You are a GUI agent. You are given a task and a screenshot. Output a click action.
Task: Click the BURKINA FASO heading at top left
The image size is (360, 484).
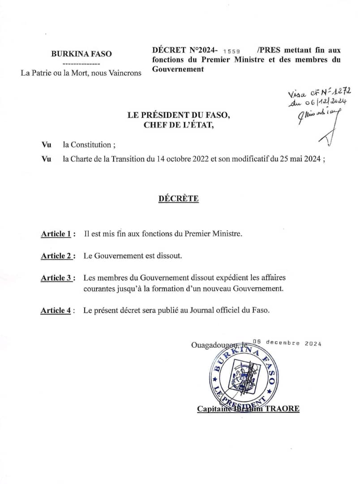[x=81, y=54]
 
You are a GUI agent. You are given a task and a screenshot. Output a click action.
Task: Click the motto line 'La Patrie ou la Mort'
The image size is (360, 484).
[x=81, y=73]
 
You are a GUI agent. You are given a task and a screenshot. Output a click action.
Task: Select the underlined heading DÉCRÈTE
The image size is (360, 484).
[x=178, y=199]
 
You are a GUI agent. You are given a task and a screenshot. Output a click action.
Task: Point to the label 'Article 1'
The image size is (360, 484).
[x=56, y=234]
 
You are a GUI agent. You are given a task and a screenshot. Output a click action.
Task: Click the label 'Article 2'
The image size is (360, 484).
[x=56, y=256]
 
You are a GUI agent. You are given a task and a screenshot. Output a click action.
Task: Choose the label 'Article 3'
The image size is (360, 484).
[x=56, y=278]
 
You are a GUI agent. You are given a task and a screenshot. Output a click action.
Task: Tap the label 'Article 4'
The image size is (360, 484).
[x=56, y=311]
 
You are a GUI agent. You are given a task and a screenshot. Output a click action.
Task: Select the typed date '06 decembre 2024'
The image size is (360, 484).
[x=287, y=343]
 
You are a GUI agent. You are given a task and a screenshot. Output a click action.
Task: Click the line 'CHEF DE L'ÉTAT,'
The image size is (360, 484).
[x=179, y=125]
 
